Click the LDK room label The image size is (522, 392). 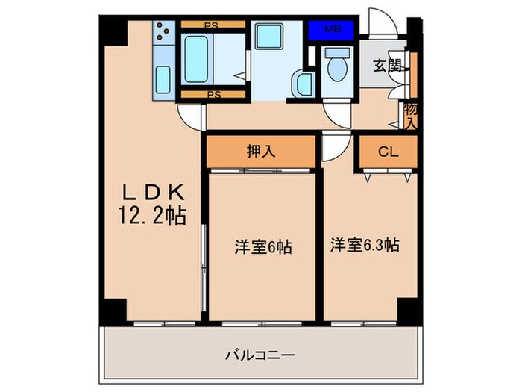point(154,191)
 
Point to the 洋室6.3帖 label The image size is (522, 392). point(365,245)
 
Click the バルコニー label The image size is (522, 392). point(260,355)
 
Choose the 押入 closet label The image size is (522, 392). point(261,152)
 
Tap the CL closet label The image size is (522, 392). point(387,152)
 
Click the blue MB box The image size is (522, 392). point(333,30)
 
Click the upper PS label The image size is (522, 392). point(213,24)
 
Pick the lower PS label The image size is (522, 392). point(213,95)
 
